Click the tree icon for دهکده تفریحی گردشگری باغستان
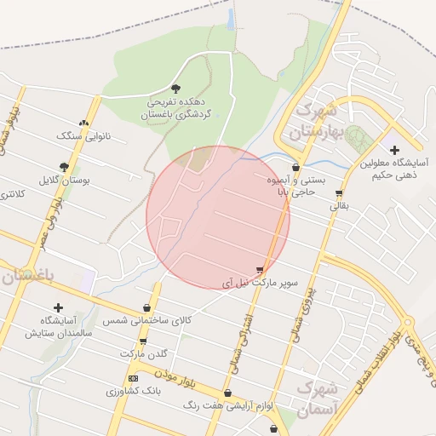point(176,88)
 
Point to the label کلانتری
point(13,194)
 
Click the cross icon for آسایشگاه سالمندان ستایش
point(58,307)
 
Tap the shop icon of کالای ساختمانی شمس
point(147,308)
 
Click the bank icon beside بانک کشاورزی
point(133,378)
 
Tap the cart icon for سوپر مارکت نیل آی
point(260,270)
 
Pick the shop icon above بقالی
point(339,192)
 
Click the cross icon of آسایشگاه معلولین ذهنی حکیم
point(394,150)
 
